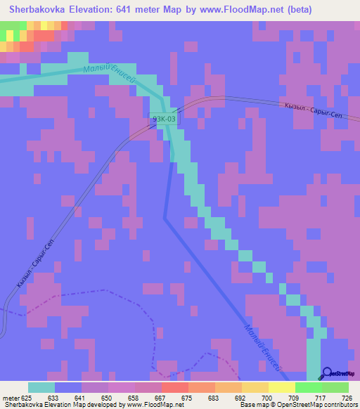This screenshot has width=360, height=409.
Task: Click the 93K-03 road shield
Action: click(164, 119)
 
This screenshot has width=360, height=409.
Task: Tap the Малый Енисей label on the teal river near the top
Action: click(108, 76)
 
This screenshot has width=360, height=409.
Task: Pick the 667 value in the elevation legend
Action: click(161, 397)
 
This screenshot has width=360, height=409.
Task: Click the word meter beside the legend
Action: click(11, 397)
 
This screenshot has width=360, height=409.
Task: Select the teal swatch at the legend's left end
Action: click(41, 387)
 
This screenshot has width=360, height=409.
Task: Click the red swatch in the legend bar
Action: click(174, 387)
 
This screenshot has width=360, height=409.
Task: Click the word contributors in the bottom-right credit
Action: click(341, 405)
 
